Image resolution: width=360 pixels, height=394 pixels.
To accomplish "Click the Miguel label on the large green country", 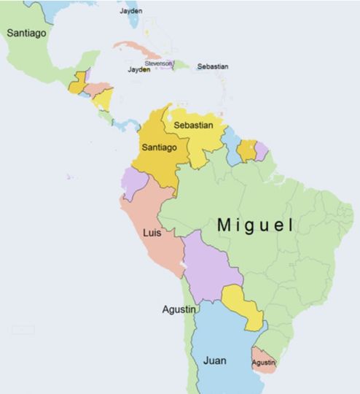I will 255,225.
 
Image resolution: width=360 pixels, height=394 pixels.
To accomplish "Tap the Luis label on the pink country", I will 153,234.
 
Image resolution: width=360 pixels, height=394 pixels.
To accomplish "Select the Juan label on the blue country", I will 214,360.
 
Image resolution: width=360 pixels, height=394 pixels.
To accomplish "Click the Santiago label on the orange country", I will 159,147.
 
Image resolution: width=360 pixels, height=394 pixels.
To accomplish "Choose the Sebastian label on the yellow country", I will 193,125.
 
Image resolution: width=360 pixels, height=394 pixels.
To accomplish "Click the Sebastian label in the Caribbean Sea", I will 212,66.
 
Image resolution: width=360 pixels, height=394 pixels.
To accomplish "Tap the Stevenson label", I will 159,63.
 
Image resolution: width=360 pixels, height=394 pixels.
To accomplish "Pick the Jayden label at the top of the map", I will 131,11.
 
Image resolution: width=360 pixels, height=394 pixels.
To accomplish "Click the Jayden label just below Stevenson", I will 138,70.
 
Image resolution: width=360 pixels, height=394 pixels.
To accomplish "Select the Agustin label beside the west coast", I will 179,309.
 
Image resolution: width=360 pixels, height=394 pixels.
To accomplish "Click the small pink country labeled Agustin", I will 263,363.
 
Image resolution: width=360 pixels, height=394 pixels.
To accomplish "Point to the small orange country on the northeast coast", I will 247,150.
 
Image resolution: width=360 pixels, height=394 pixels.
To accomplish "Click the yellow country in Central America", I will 103,98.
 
